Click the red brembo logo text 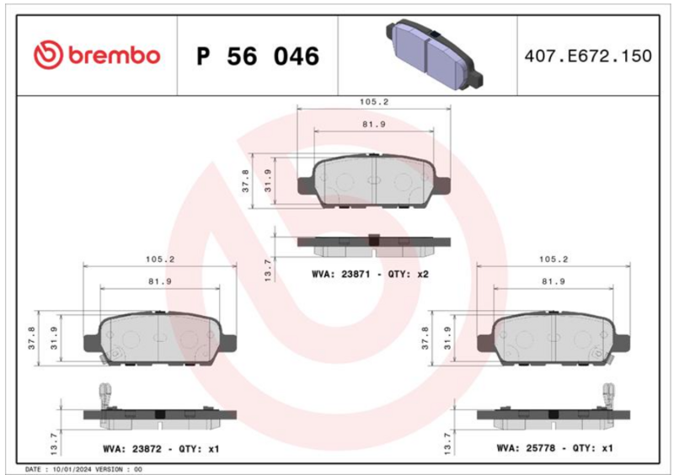[115, 56]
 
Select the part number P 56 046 [258, 56]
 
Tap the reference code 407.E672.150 [587, 56]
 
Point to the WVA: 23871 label [341, 274]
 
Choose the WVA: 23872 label [132, 449]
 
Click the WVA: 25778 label [526, 448]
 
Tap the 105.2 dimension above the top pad [373, 102]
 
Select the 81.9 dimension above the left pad [159, 281]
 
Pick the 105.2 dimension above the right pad [554, 259]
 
